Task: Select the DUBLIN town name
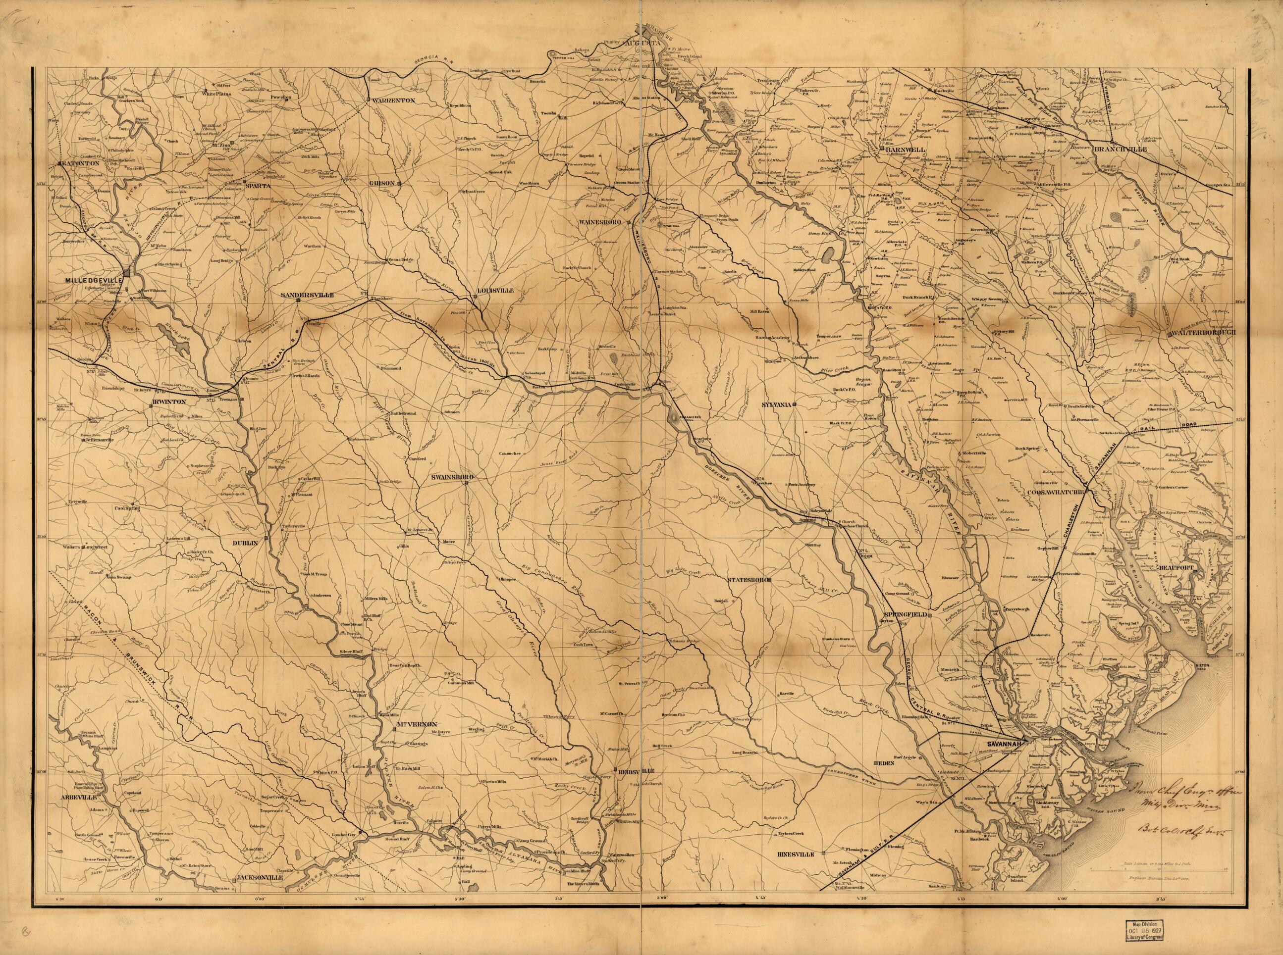tap(248, 543)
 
